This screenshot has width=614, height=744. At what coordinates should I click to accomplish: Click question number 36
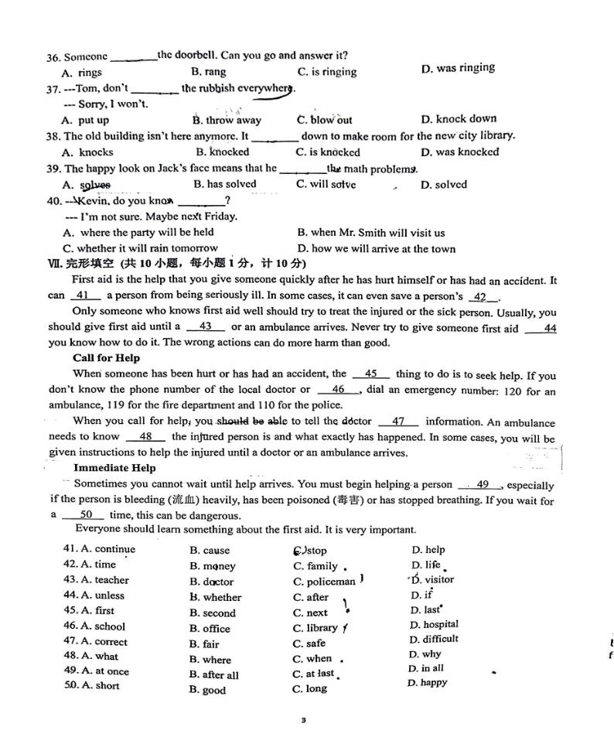coord(53,56)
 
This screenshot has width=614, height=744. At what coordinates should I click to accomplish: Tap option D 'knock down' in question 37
coord(458,119)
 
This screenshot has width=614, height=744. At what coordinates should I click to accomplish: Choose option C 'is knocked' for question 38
coord(328,152)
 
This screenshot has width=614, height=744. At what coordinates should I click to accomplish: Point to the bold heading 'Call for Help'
coord(106,358)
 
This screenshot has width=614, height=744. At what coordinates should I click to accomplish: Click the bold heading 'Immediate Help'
coord(114,468)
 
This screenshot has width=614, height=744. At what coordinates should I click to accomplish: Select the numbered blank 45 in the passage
coord(370,374)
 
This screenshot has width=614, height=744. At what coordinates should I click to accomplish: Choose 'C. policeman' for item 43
coord(324,582)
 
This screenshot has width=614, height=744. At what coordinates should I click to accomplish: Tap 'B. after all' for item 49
coord(214,674)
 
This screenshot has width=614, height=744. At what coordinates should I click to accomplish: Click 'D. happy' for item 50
coord(427,683)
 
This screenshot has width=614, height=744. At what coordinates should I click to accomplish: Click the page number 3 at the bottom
coord(304,720)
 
